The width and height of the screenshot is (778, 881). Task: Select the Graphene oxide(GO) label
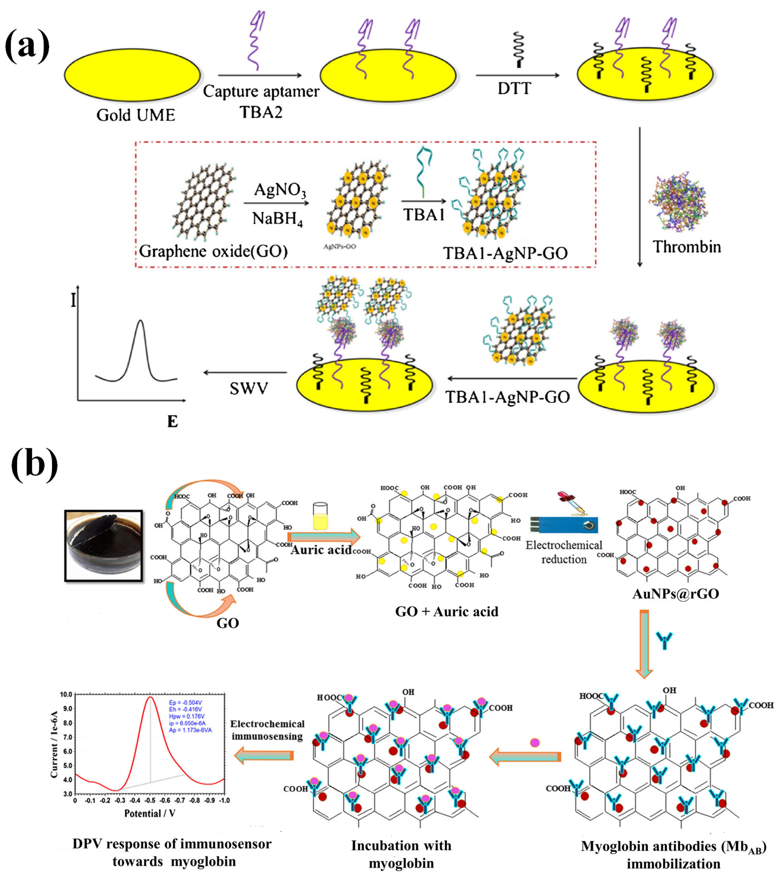point(213,251)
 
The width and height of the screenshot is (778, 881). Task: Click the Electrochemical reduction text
point(564,552)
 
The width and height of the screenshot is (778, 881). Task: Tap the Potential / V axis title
point(150,814)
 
